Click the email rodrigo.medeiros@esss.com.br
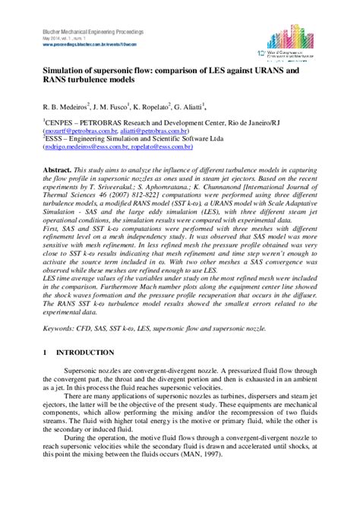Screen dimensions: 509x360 click(x=85, y=150)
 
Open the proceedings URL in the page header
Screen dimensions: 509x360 click(x=83, y=43)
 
